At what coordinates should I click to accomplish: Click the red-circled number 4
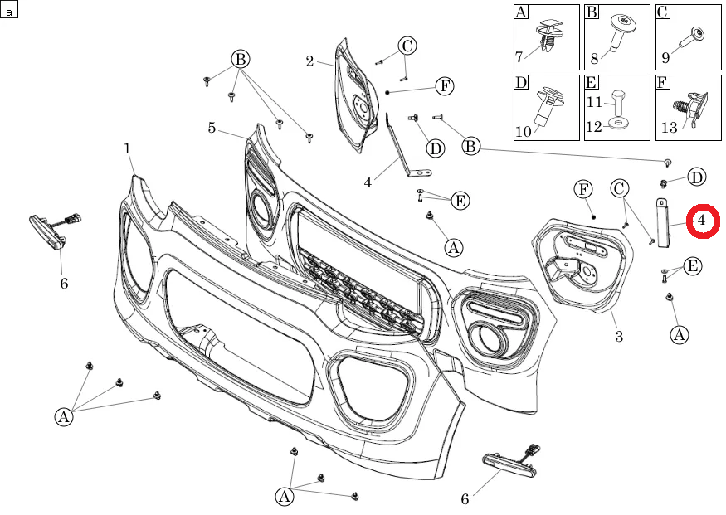(701, 221)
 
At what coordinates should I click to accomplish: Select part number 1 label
(128, 148)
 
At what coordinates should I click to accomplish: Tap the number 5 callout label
(212, 128)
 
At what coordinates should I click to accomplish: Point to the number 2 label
(309, 61)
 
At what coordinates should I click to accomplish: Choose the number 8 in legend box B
(594, 58)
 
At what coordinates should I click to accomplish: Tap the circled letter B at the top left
(240, 59)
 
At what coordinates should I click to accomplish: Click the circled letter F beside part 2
(444, 85)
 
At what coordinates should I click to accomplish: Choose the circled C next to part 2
(407, 46)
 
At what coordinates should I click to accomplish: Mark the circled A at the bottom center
(285, 496)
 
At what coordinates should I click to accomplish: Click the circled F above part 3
(583, 190)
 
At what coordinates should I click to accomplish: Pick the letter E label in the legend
(592, 82)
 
